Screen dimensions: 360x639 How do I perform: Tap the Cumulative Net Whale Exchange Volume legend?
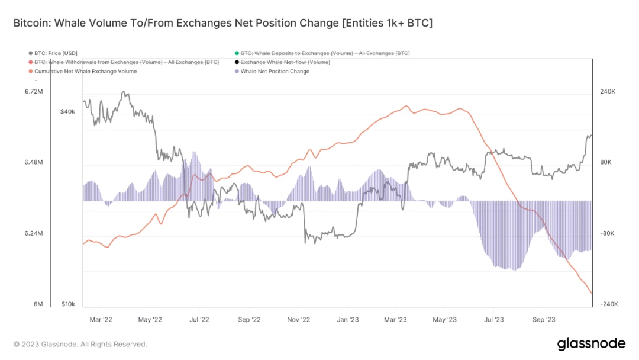click(85, 72)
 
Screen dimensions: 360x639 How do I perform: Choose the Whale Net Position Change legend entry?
click(275, 72)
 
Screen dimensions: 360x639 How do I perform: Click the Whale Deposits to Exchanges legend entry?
click(325, 53)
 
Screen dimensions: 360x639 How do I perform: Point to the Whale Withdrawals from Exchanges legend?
click(127, 62)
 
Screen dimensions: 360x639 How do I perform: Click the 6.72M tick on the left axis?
click(34, 92)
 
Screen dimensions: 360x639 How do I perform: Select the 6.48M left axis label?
click(34, 162)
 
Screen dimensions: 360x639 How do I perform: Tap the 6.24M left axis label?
click(34, 233)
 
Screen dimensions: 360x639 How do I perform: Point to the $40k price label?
click(68, 112)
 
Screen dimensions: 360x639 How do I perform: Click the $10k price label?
click(68, 304)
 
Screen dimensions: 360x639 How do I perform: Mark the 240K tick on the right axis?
click(608, 92)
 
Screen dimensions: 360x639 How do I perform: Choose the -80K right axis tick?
click(608, 233)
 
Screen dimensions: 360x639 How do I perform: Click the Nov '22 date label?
click(299, 319)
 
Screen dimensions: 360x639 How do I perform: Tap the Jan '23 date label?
click(348, 319)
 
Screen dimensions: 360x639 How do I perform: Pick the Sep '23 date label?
click(544, 319)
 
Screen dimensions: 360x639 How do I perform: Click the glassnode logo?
click(591, 343)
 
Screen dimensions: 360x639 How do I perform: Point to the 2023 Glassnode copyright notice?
click(80, 344)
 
